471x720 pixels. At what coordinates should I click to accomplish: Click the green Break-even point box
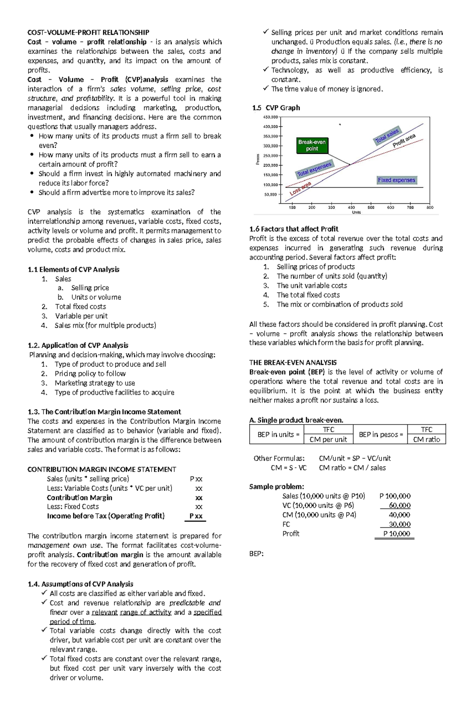pos(312,145)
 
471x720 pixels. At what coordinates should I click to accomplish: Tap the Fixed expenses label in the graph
pos(396,180)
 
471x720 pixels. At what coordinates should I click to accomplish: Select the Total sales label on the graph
pos(387,136)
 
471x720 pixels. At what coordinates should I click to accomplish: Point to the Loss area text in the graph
pos(300,189)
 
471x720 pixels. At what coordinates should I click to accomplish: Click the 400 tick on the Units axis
pos(351,207)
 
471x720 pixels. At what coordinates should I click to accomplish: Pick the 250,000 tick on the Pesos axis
pos(270,155)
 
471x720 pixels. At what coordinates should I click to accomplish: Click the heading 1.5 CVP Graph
pos(276,108)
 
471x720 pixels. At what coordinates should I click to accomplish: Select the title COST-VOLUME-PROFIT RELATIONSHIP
pos(88,32)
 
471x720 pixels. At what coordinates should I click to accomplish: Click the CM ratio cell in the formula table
pos(427,439)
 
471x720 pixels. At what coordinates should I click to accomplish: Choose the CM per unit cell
pos(328,439)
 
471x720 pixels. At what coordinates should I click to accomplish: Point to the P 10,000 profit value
pos(397,534)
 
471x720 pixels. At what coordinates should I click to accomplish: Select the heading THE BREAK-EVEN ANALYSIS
pos(293,363)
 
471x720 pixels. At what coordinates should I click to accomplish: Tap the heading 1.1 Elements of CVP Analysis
pos(73,269)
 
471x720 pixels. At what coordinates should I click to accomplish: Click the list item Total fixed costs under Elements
pos(80,306)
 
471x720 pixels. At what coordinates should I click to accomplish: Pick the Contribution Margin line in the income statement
pos(79,498)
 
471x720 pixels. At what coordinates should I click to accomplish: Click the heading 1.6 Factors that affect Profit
pos(294,229)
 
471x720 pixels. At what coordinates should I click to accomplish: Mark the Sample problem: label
pos(276,487)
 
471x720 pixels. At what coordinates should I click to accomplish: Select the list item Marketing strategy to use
pos(95,383)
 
